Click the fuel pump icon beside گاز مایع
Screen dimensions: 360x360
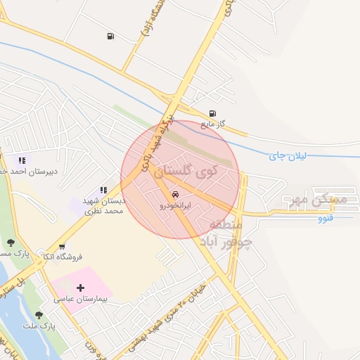point(213,113)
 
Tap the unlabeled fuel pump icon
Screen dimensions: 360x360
point(110,36)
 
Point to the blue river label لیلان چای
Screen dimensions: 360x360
point(288,156)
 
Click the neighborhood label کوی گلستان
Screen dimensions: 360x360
point(185,170)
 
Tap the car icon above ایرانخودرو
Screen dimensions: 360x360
point(174,195)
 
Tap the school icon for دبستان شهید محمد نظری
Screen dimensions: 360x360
point(103,190)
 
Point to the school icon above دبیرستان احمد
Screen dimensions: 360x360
point(22,160)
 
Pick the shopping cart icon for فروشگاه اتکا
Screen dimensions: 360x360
point(63,247)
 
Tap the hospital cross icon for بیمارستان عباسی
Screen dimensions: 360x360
point(81,288)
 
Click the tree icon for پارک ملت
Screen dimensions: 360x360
point(39,314)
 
